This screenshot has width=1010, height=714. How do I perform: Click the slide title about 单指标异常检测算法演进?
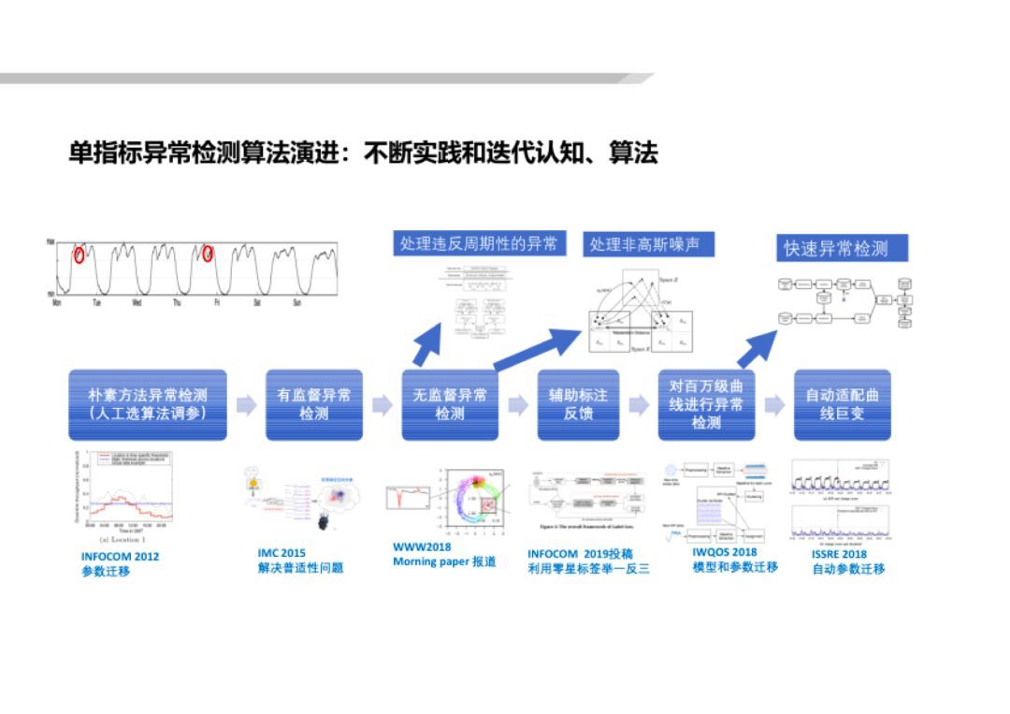tap(363, 152)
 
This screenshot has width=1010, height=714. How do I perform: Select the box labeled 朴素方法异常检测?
tap(148, 404)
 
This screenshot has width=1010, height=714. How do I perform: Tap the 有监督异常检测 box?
tap(313, 404)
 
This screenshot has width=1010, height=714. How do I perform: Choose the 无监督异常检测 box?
tap(450, 404)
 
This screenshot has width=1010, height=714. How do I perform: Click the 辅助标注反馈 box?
tap(578, 404)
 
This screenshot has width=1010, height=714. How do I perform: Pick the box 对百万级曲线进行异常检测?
tap(706, 404)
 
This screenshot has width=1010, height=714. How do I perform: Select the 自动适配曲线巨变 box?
tap(842, 404)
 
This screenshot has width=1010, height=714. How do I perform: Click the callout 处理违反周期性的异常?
tap(478, 244)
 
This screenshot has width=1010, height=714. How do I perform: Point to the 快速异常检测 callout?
tap(842, 249)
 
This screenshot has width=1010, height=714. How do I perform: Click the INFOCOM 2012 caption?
tap(120, 556)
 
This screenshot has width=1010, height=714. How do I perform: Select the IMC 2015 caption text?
tap(281, 553)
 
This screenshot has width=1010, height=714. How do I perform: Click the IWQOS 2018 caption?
tap(724, 552)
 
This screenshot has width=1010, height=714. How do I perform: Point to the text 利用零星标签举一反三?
tap(587, 569)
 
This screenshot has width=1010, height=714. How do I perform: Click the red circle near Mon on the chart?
tap(79, 254)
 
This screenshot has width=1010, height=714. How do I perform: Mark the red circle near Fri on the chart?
tap(208, 254)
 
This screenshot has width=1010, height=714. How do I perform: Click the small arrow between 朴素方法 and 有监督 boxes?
tap(246, 405)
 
